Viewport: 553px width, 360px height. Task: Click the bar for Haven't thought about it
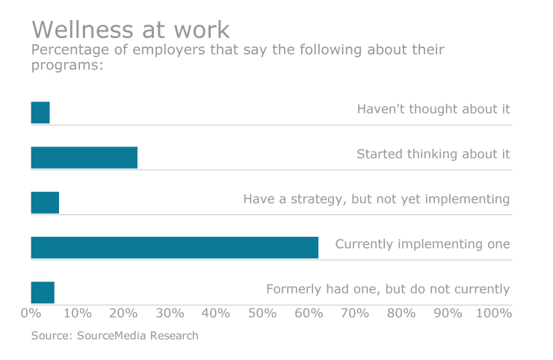coord(40,113)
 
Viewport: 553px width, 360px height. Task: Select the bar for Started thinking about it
coord(84,158)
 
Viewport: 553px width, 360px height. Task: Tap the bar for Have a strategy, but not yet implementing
coord(45,202)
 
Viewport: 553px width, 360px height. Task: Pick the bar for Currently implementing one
coord(174,247)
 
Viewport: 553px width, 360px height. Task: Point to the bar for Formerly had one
coord(43,292)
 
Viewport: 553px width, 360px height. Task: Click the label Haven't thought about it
coord(433,109)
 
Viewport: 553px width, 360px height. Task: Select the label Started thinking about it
coord(433,154)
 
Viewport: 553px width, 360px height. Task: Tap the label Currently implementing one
coord(422,243)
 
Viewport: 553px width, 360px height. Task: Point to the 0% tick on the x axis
coord(31,313)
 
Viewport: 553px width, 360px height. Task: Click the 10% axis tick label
coord(77,313)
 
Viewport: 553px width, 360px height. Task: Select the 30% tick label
coord(170,313)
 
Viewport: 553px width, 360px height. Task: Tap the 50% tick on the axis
coord(262,313)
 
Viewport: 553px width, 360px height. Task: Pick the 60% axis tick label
coord(309,313)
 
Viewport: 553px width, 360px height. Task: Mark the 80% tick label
coord(401,313)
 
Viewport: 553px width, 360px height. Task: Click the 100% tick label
coord(492,313)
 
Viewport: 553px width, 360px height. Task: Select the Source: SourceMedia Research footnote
coord(114,335)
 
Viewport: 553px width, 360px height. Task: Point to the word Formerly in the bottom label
coord(294,288)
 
